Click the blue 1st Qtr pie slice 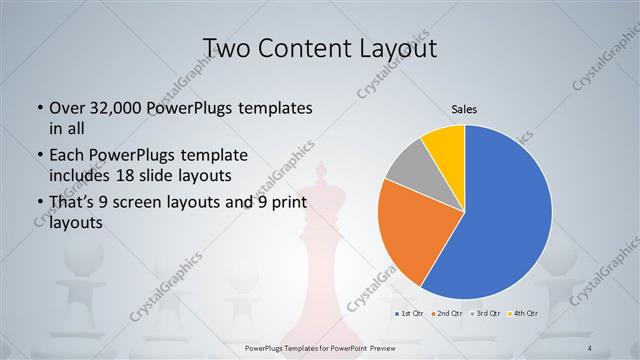pyautogui.click(x=505, y=215)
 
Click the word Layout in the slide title pyautogui.click(x=397, y=47)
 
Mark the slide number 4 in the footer pyautogui.click(x=590, y=347)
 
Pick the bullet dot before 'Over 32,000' pyautogui.click(x=38, y=108)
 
